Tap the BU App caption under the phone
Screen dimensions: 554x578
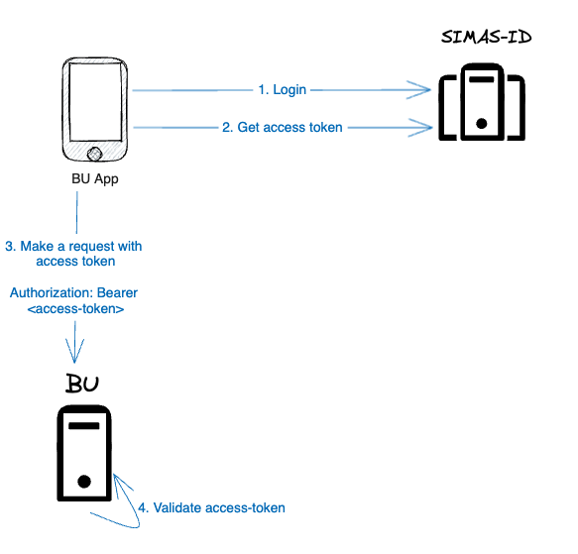pos(95,178)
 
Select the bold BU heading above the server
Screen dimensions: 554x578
pos(83,385)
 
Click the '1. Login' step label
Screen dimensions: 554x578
pos(283,90)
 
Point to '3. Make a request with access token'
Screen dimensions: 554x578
pos(74,254)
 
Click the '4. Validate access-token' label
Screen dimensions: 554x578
pos(211,507)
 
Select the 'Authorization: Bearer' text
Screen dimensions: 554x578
pos(74,293)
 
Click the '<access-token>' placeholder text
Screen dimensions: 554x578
pos(75,309)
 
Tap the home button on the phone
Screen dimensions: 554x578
pos(95,154)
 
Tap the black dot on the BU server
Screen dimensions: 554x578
pos(84,482)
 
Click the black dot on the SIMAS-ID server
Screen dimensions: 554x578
pos(481,124)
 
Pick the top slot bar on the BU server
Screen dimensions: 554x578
pos(84,424)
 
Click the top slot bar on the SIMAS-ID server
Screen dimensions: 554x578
pos(481,78)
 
